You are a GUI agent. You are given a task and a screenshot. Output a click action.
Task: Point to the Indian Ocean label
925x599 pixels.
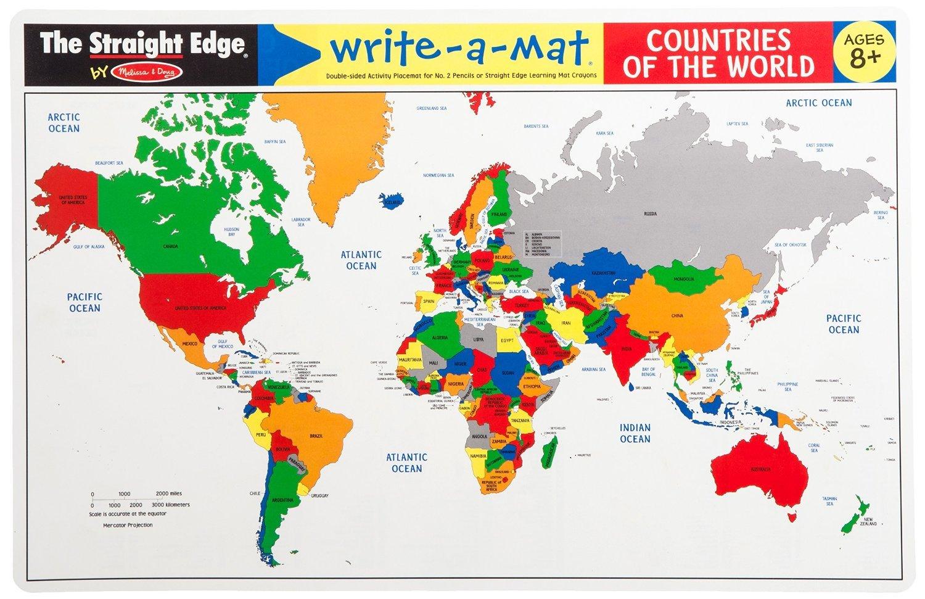635,432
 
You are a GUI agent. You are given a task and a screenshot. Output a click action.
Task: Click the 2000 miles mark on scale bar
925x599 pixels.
162,494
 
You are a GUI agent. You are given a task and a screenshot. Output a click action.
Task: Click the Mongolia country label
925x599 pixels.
684,279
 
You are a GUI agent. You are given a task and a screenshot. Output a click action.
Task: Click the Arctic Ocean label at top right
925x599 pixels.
818,103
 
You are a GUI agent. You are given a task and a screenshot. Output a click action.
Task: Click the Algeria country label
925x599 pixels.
440,338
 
